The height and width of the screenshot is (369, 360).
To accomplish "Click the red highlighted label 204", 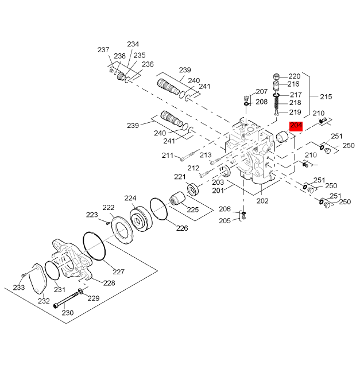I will point(296,126).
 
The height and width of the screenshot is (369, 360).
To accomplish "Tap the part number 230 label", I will point(68,313).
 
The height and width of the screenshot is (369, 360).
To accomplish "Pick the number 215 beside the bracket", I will point(326,96).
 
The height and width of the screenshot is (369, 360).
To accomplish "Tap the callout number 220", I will point(294,76).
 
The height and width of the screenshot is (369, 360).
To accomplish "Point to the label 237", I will point(103,50).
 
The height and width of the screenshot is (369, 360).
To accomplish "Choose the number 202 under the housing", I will point(262,201).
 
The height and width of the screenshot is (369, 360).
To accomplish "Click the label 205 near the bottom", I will point(224,221).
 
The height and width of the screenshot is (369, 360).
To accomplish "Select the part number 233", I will point(19,288).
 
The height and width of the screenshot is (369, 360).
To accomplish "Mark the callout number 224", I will point(130,198).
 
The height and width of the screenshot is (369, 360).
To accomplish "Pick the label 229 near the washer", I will point(93,298).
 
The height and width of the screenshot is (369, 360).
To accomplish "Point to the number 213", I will point(206,155).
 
